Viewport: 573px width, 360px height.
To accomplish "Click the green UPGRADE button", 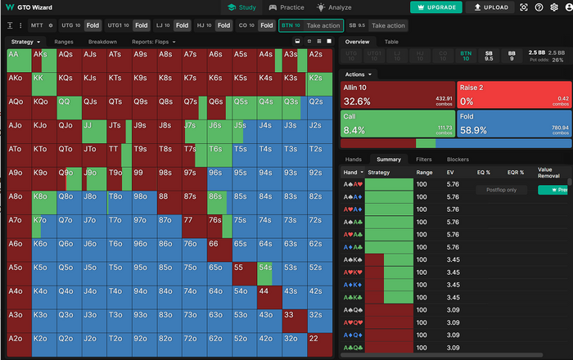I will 436,7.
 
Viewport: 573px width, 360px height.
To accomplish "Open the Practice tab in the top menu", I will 286,7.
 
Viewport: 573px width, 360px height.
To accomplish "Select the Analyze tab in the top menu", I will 335,7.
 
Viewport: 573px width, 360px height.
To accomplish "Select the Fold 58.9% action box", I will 514,124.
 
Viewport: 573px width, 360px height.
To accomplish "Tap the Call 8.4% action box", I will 398,124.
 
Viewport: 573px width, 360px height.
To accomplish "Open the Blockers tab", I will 458,160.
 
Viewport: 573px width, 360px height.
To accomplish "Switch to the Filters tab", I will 424,160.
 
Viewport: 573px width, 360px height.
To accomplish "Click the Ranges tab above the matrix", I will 64,42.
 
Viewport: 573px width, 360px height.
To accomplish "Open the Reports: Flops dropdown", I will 151,42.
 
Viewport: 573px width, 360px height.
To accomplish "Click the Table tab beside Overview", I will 391,41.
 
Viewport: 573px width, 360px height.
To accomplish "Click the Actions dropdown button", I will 361,74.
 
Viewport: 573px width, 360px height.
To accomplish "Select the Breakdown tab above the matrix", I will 102,42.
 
